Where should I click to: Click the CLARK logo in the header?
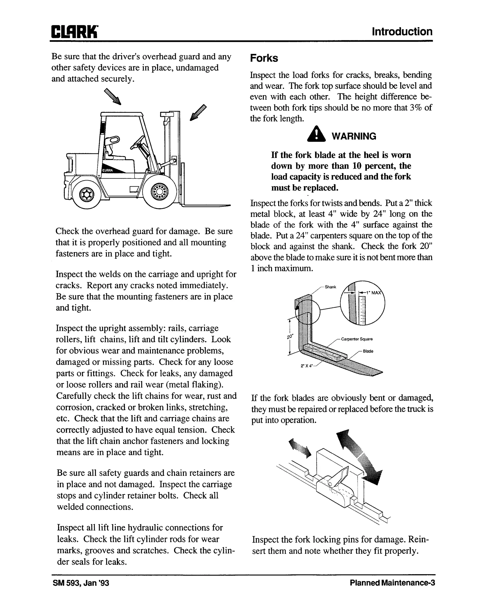click(74, 32)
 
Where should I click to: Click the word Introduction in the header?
click(402, 32)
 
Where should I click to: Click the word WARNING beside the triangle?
click(354, 136)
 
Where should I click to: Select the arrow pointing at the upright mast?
click(198, 112)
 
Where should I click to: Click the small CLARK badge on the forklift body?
click(108, 170)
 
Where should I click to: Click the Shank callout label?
click(330, 287)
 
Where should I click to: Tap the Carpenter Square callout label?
click(357, 339)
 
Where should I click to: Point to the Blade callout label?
click(368, 351)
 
